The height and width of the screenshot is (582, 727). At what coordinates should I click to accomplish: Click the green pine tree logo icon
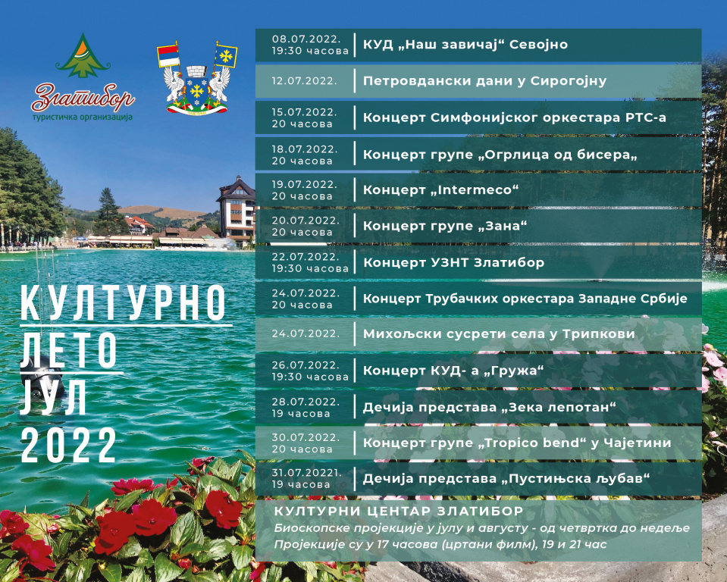tap(83, 55)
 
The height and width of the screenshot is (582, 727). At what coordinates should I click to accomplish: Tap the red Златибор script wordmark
tap(83, 96)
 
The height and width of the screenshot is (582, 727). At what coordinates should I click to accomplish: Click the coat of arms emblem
tap(197, 79)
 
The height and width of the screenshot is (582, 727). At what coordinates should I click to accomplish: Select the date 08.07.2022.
tap(306, 39)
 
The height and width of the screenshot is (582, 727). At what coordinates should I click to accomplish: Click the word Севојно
tap(538, 45)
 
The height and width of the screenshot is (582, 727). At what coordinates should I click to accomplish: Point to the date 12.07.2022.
tap(304, 80)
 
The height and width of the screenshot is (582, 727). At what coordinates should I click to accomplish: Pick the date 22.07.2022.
tap(306, 257)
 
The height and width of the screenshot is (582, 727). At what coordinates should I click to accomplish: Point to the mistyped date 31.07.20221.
tap(306, 473)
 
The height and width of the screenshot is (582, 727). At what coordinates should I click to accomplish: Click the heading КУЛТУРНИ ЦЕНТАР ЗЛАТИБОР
tap(399, 511)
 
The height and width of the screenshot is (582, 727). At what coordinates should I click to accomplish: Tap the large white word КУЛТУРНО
tap(124, 302)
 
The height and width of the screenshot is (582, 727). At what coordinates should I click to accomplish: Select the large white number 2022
tap(68, 445)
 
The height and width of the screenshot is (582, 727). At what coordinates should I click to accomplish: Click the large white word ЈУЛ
tap(53, 397)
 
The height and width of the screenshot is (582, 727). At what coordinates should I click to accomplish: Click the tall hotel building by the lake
tap(237, 211)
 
